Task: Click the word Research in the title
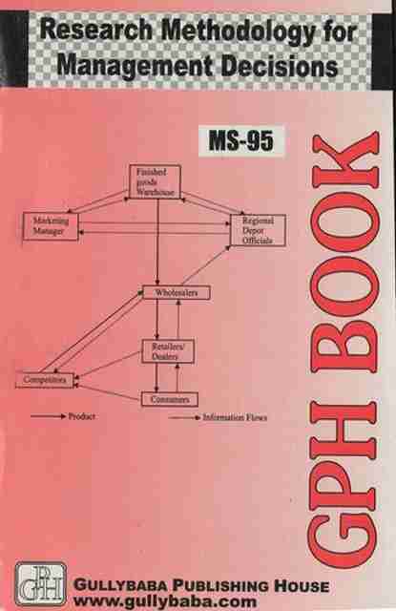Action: tap(96, 31)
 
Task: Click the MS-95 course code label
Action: tap(241, 140)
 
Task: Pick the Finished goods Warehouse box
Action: tap(155, 182)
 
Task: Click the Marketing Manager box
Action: tap(51, 226)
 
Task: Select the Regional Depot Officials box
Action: tap(259, 230)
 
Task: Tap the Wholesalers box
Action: tap(177, 293)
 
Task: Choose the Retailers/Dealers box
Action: tap(167, 351)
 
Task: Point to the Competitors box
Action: tap(45, 380)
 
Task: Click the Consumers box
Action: tap(170, 399)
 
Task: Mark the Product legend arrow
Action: tap(49, 416)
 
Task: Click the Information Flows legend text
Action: tap(235, 417)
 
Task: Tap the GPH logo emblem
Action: tap(40, 583)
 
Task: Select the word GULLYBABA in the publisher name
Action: tap(121, 585)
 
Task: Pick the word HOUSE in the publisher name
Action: tap(302, 586)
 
